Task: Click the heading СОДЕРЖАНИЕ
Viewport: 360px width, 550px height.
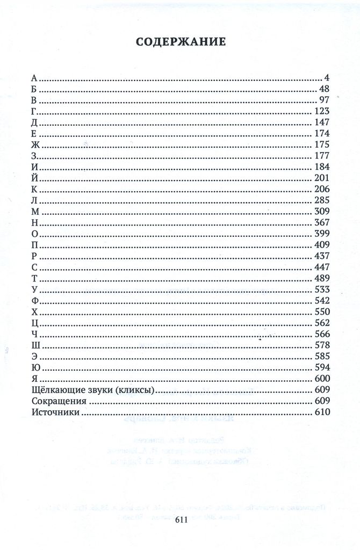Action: (180, 43)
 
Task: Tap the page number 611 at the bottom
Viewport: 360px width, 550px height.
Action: (180, 520)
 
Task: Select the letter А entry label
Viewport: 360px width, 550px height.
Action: (34, 78)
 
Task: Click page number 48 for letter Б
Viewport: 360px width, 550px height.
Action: (323, 89)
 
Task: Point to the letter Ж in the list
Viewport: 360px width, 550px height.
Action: (35, 145)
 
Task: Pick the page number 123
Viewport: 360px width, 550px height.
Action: (321, 111)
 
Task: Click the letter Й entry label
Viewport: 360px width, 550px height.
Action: (35, 178)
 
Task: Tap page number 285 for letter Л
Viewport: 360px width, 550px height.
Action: (321, 200)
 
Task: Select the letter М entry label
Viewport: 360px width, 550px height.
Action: (35, 212)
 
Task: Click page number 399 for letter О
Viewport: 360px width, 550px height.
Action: (321, 234)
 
